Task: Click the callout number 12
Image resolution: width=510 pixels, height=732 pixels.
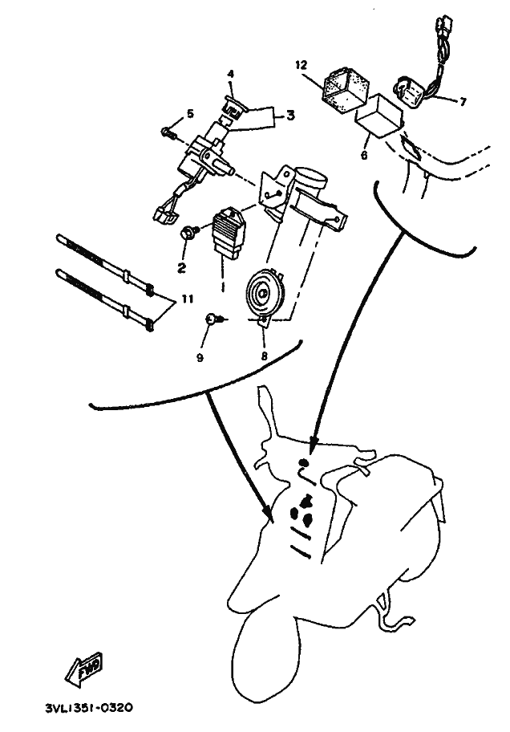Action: [x=302, y=64]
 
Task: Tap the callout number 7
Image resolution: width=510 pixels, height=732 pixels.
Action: [x=463, y=101]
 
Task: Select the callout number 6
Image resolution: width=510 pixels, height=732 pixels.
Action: [x=364, y=155]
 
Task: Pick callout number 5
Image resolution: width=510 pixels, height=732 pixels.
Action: [x=190, y=113]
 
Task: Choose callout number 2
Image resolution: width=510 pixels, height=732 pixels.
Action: [x=181, y=268]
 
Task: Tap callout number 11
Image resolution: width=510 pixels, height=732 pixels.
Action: [x=187, y=299]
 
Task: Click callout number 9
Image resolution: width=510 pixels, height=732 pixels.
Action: [x=200, y=358]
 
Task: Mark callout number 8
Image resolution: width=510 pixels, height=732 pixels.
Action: [x=264, y=356]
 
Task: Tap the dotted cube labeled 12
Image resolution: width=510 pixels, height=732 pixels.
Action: [x=344, y=90]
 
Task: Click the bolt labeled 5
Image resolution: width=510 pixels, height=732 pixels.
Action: [x=168, y=132]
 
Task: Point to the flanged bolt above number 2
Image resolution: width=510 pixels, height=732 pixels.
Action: [x=189, y=232]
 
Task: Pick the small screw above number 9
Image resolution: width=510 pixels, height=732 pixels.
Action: [x=215, y=319]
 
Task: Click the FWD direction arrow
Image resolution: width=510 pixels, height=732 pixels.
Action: [x=84, y=669]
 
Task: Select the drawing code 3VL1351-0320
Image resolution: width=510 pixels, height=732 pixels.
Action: [x=88, y=708]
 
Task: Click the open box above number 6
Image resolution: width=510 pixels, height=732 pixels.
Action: [x=379, y=116]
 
